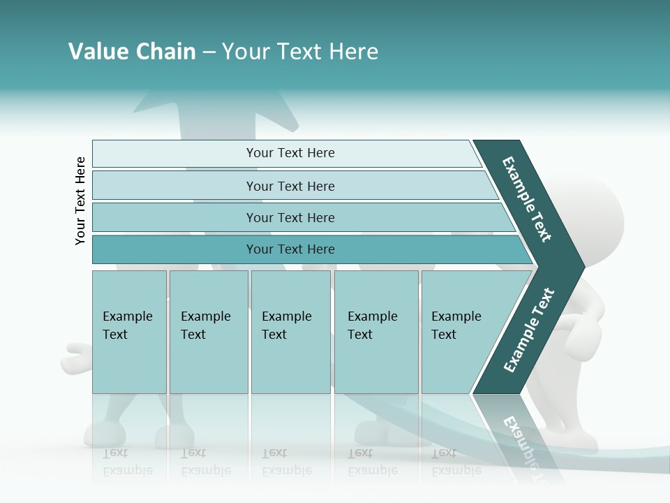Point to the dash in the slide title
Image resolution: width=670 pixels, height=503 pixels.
209,52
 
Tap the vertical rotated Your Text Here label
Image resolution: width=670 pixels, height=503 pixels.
80,201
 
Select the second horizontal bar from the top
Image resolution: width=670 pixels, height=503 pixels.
290,186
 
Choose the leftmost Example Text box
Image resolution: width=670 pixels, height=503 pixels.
129,332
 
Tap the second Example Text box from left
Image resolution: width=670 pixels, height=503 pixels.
208,332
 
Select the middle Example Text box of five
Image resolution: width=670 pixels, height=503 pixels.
290,332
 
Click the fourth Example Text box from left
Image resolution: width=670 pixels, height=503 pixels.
375,332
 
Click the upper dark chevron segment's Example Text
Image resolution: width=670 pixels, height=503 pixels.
527,199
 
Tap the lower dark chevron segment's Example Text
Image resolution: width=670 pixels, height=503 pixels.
529,330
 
